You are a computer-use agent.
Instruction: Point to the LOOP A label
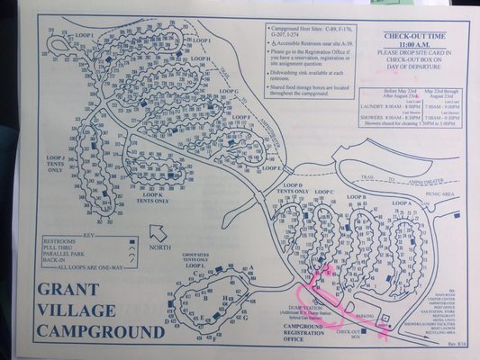pos(401,204)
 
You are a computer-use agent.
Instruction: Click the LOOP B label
pos(357,196)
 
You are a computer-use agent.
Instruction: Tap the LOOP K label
pos(152,194)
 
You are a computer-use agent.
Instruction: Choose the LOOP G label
pos(228,92)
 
